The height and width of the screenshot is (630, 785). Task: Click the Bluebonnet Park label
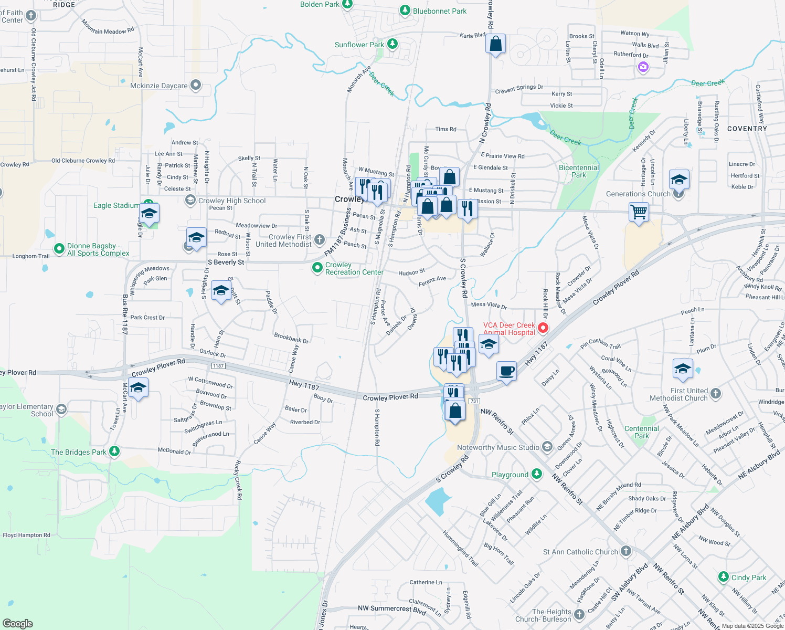pyautogui.click(x=439, y=11)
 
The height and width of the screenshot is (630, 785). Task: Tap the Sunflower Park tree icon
pyautogui.click(x=391, y=44)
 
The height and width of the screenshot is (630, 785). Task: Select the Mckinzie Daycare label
pyautogui.click(x=158, y=86)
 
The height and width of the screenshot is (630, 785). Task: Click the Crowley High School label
pyautogui.click(x=232, y=201)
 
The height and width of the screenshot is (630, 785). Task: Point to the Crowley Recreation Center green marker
pyautogui.click(x=317, y=268)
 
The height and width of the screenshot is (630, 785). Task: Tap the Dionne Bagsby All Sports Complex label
pyautogui.click(x=98, y=249)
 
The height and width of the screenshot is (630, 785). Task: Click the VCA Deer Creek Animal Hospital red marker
pyautogui.click(x=543, y=328)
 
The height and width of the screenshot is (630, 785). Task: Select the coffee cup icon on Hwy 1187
pyautogui.click(x=507, y=371)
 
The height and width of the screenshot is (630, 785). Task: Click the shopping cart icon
pyautogui.click(x=639, y=213)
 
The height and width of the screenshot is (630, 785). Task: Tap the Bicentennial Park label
pyautogui.click(x=579, y=171)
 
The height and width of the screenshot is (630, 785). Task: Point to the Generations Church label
pyautogui.click(x=638, y=194)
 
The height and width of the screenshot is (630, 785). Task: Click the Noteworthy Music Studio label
pyautogui.click(x=498, y=447)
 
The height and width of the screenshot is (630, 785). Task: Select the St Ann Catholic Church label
pyautogui.click(x=580, y=552)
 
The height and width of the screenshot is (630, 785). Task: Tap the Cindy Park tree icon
pyautogui.click(x=724, y=577)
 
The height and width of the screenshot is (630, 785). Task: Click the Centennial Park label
pyautogui.click(x=642, y=432)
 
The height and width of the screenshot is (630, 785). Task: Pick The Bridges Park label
pyautogui.click(x=79, y=452)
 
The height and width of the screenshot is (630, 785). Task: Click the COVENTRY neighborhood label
pyautogui.click(x=747, y=129)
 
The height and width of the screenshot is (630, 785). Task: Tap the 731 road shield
pyautogui.click(x=474, y=401)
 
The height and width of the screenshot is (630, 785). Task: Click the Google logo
pyautogui.click(x=18, y=623)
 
